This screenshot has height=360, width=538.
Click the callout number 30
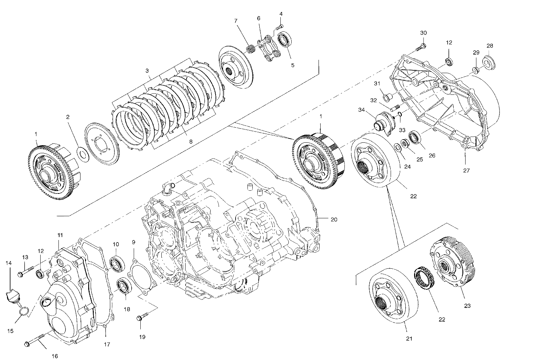(x=423, y=33)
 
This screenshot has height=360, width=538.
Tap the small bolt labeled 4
(x=280, y=27)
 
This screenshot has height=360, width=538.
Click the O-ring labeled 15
(x=22, y=310)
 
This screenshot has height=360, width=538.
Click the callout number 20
(x=334, y=219)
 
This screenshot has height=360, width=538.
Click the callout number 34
(x=361, y=110)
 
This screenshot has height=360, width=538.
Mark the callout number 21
(x=409, y=338)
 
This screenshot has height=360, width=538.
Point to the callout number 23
(x=468, y=305)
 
